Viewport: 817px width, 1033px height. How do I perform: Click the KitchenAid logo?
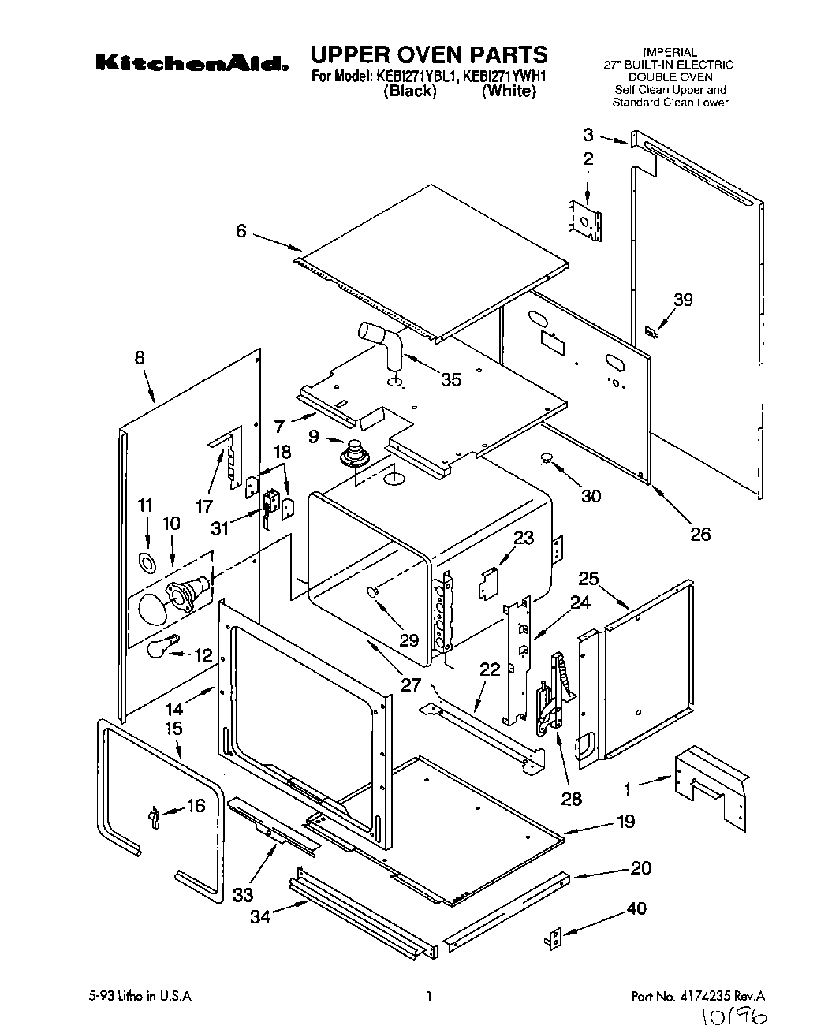[x=192, y=63]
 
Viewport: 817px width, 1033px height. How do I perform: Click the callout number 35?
[x=450, y=379]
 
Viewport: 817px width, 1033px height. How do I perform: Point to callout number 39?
[x=683, y=300]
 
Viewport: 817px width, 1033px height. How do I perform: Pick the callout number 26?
[x=699, y=534]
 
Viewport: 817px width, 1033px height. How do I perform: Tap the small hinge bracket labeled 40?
[x=556, y=938]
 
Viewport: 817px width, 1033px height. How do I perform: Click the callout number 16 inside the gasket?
[x=194, y=805]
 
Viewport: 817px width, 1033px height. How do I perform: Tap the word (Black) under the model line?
[x=409, y=91]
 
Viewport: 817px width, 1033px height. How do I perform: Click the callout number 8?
[x=140, y=357]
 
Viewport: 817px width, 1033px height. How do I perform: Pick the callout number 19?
[x=625, y=822]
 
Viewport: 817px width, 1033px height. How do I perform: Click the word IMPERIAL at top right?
[x=670, y=53]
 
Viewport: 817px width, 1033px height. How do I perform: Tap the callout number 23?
[x=524, y=538]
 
